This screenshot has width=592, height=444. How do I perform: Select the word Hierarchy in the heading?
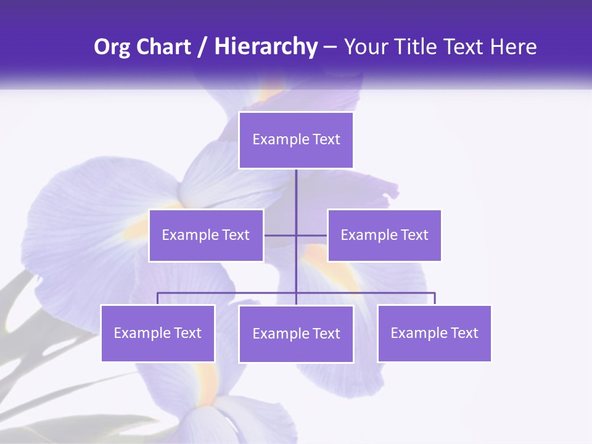(x=266, y=47)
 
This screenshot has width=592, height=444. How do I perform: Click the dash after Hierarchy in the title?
(x=330, y=47)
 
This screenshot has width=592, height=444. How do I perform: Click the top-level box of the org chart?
(x=296, y=140)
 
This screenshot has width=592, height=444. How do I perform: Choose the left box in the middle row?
(x=206, y=235)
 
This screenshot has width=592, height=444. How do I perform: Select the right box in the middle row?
(x=384, y=235)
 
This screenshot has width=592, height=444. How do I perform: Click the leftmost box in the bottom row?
(x=158, y=333)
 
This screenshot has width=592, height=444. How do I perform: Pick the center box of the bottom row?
(x=296, y=334)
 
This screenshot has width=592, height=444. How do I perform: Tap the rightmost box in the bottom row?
(x=434, y=333)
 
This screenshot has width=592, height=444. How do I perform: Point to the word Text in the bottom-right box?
(x=464, y=333)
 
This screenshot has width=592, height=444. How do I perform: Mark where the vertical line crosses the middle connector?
(x=296, y=235)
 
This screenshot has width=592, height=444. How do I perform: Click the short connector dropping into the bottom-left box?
(x=158, y=298)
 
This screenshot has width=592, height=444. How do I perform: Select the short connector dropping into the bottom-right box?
(x=435, y=298)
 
